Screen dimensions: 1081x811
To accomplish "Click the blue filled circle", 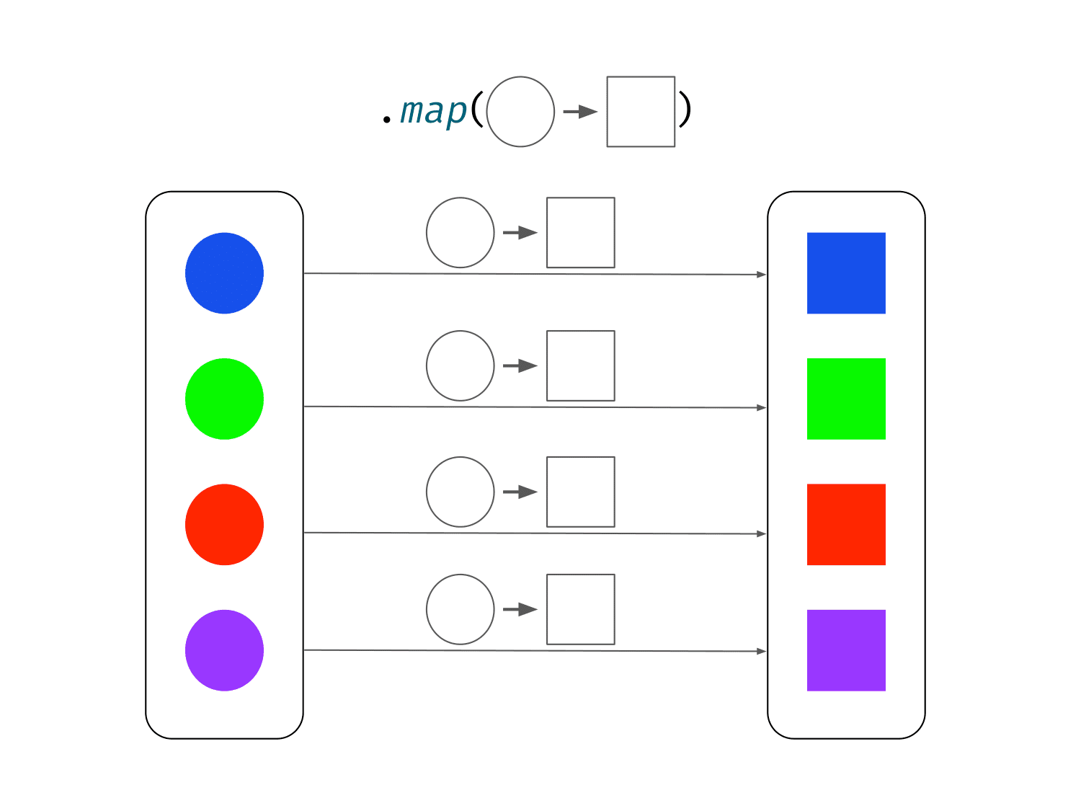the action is click(224, 272).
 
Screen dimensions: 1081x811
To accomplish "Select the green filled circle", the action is click(224, 399).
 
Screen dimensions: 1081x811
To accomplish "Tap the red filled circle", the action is click(224, 524).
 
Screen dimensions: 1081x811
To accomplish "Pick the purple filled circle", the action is click(224, 650).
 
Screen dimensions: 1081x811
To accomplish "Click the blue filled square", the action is click(846, 272).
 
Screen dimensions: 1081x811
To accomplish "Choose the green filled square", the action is click(846, 399).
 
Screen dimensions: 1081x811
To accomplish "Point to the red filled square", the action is click(846, 524).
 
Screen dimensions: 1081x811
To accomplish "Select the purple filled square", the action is click(846, 650).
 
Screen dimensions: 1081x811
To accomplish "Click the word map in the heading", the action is click(433, 112).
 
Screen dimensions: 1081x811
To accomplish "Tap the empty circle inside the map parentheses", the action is click(487, 111).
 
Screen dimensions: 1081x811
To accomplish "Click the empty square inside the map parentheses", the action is click(608, 111).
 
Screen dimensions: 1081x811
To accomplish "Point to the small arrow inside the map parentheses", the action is click(580, 112).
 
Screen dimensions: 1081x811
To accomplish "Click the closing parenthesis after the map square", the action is click(685, 109).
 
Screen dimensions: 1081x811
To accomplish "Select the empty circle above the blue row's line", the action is click(427, 232).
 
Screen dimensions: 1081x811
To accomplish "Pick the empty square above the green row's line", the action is click(547, 365).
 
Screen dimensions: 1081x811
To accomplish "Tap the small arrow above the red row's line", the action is click(520, 492).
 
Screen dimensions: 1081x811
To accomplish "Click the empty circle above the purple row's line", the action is click(427, 609).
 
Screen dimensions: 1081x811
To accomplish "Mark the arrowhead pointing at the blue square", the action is click(761, 274).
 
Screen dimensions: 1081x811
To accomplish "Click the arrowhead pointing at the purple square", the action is click(761, 651).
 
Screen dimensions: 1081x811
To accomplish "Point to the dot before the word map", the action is click(386, 120).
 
